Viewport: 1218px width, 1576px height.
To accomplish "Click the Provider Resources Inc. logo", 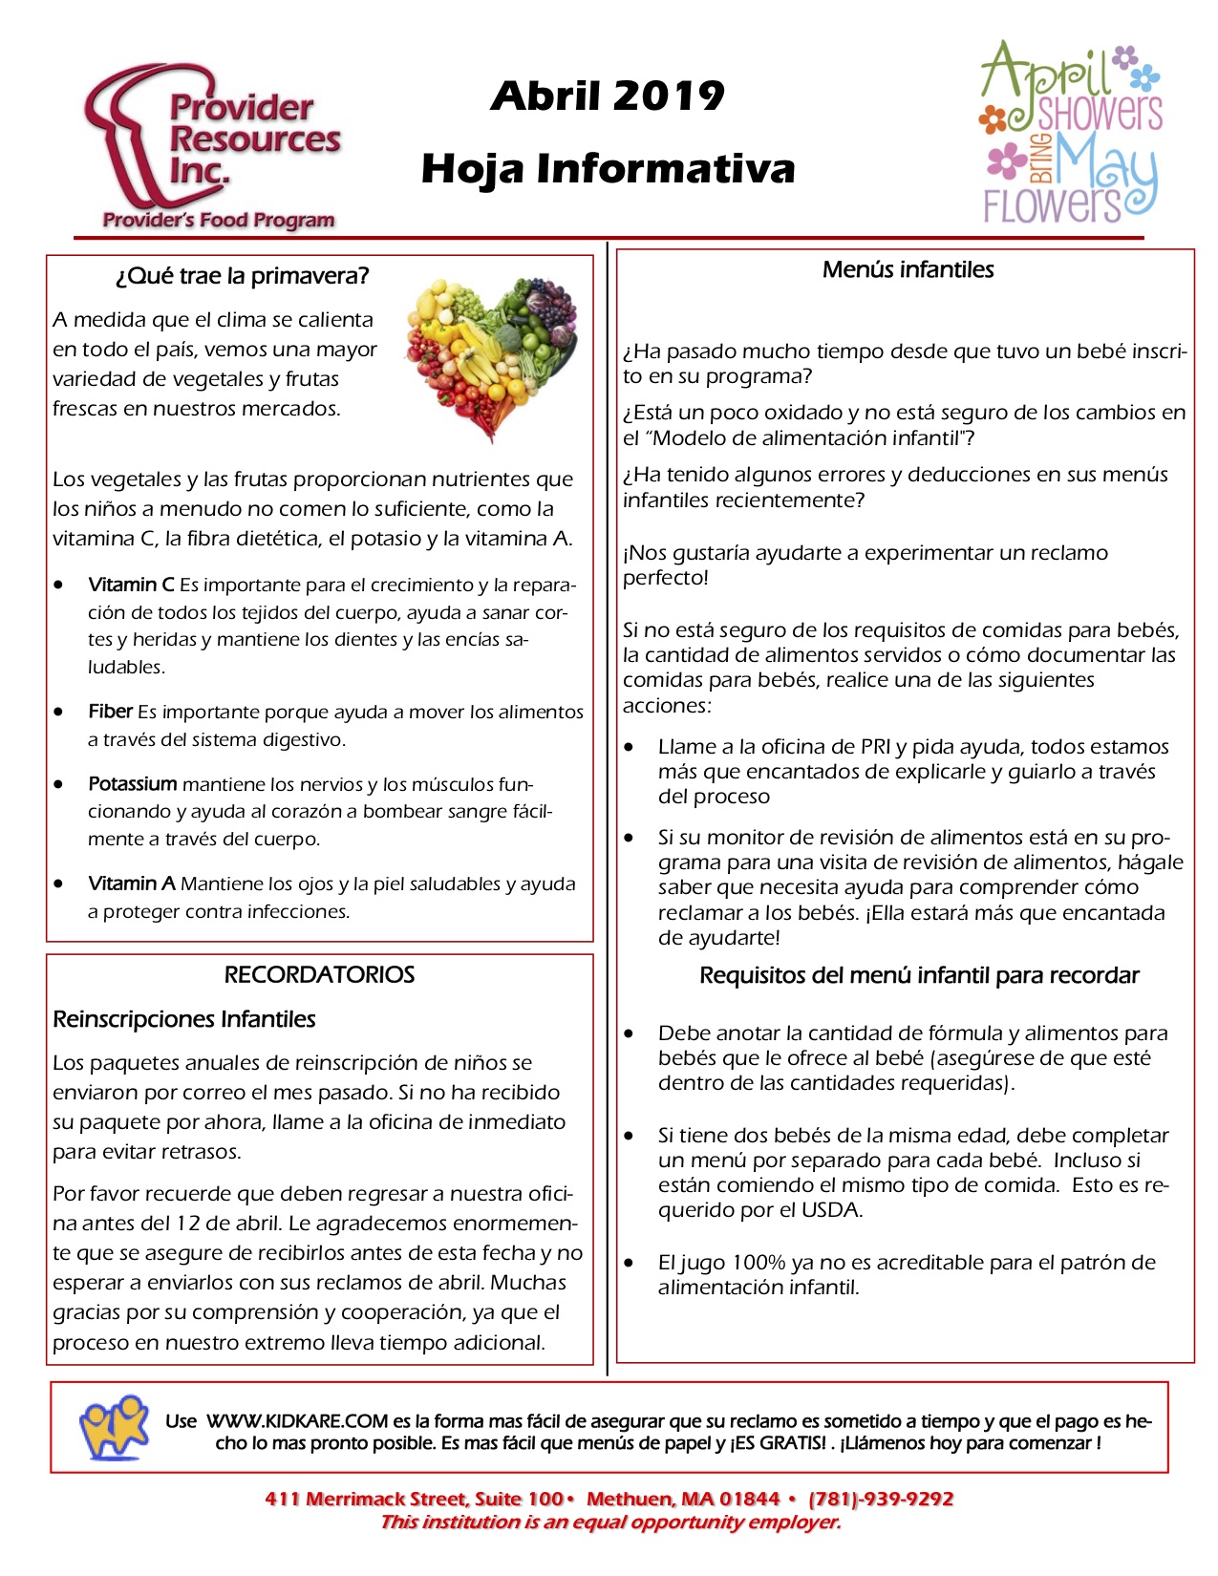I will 212,149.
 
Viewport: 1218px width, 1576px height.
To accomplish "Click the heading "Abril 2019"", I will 608,96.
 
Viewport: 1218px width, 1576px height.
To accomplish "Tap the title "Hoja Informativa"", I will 608,169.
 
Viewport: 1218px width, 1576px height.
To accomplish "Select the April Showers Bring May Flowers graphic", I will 1070,134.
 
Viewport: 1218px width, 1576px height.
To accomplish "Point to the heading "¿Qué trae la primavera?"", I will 242,277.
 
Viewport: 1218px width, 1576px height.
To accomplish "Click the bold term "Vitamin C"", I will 131,585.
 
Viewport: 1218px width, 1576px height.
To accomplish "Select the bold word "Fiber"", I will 110,712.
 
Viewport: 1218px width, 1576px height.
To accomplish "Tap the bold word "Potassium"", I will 132,784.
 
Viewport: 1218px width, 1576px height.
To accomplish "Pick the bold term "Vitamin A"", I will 131,884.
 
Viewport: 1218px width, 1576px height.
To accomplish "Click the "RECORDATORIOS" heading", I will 319,975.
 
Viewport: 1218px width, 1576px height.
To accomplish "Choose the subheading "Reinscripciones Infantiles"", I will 184,1019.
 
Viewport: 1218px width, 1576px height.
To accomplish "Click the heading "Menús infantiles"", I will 908,270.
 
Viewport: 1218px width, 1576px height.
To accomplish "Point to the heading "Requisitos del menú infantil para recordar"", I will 919,976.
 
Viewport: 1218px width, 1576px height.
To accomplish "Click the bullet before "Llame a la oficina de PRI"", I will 630,747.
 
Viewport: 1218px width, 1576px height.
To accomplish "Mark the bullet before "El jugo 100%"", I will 630,1263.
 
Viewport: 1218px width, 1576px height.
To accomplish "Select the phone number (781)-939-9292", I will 881,1499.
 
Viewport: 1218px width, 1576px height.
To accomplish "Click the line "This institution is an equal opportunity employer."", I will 610,1523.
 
